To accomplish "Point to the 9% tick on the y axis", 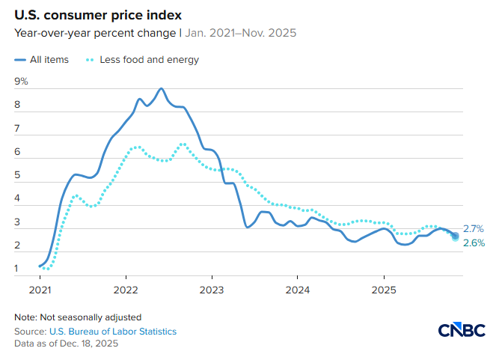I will [x=21, y=82].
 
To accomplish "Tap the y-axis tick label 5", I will [x=18, y=175].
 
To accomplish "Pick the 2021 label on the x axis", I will [x=40, y=289].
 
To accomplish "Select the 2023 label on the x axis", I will [x=212, y=289].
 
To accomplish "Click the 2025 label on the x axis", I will [x=384, y=289].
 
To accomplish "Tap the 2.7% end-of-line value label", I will [x=474, y=229].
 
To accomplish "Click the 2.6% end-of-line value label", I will [x=474, y=243].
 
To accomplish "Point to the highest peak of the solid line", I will [x=161, y=88].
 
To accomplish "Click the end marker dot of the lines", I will [x=456, y=237].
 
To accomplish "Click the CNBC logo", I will [x=462, y=330].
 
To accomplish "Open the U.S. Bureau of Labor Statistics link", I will [x=111, y=331].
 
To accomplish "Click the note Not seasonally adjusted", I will [x=78, y=317].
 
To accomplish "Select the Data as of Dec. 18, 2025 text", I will [x=66, y=344].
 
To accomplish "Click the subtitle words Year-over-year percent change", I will [x=94, y=33].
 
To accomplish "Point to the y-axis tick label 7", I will [x=18, y=129].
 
